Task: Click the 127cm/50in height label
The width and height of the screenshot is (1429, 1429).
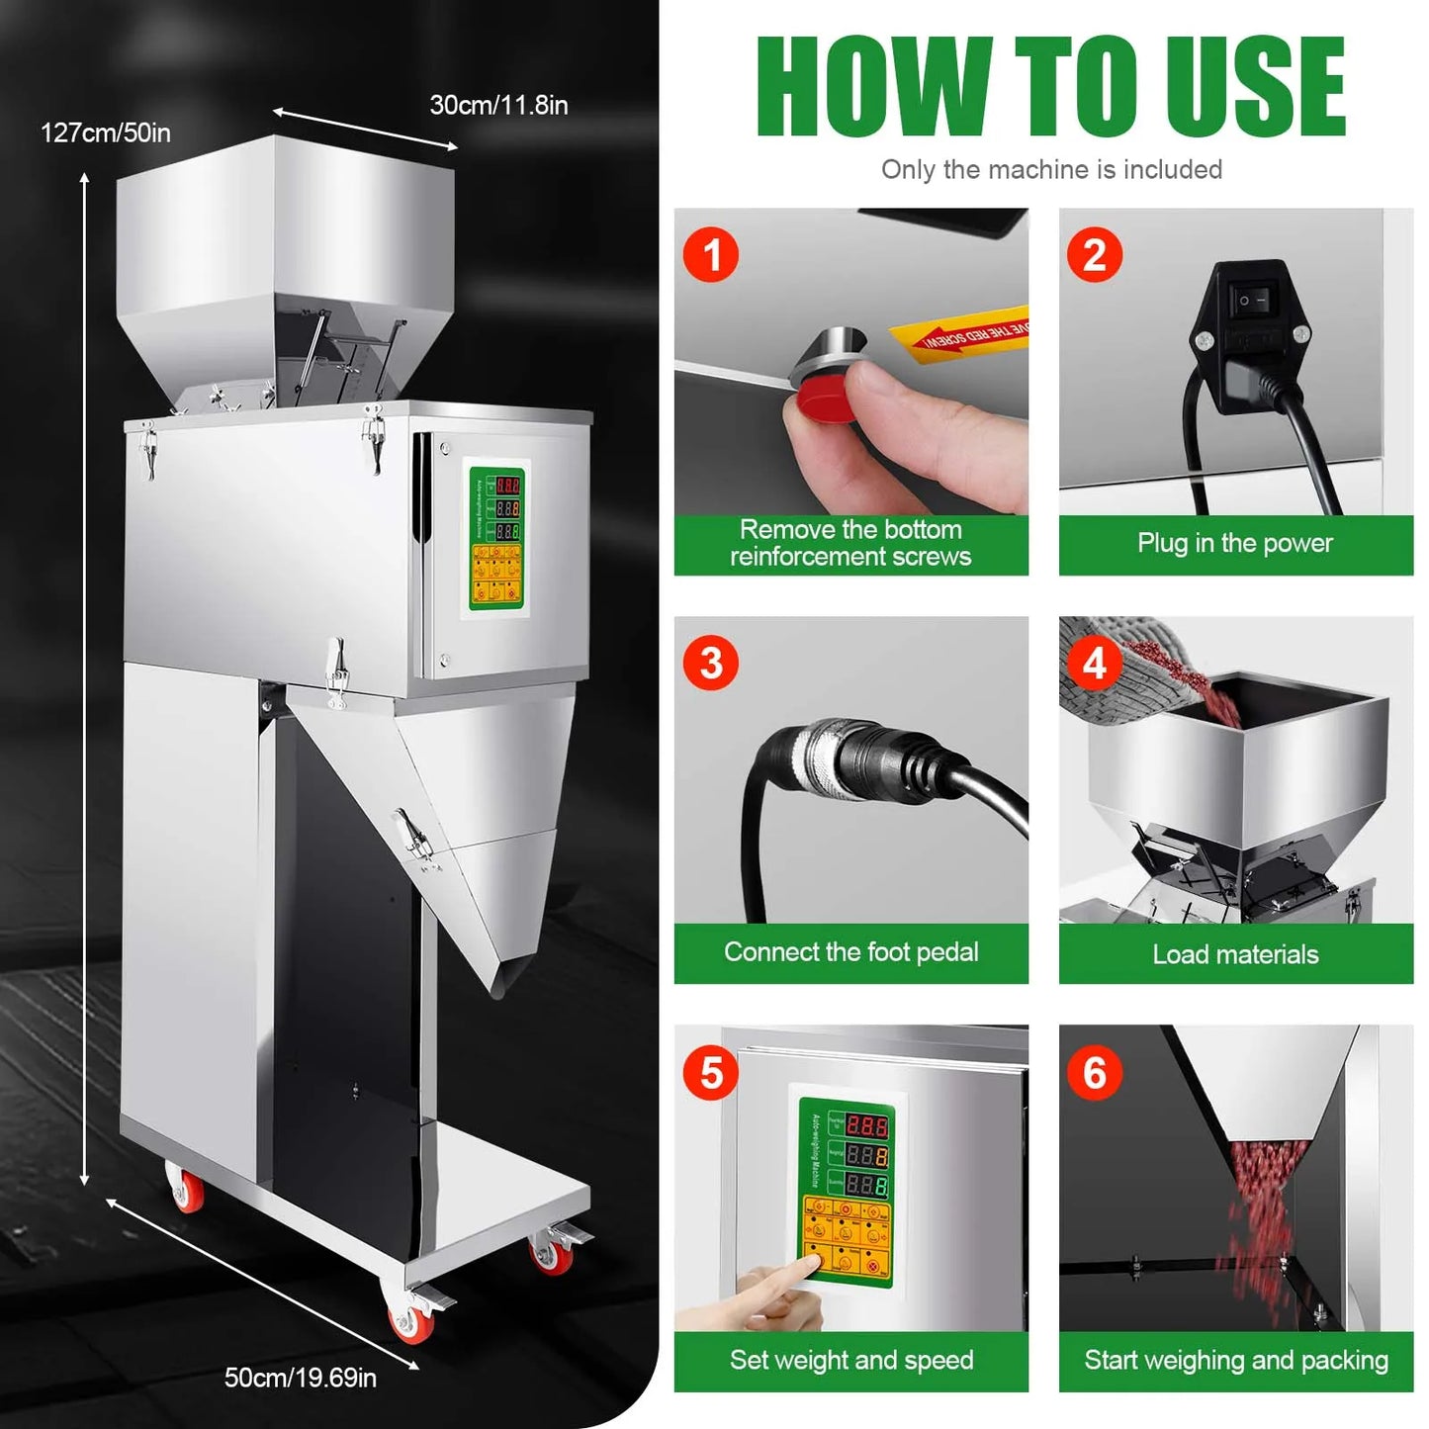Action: point(106,133)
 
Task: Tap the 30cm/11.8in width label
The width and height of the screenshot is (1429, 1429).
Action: point(498,105)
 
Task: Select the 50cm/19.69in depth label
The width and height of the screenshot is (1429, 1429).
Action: point(301,1378)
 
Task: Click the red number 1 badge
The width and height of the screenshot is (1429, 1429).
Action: point(711,255)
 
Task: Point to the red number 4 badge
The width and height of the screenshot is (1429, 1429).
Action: point(1094,664)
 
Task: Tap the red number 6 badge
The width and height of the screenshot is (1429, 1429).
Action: point(1094,1073)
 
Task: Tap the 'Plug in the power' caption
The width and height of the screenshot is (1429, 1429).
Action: point(1235,543)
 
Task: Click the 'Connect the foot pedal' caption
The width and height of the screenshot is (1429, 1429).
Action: point(850,952)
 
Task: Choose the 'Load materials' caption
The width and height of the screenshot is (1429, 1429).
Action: point(1235,954)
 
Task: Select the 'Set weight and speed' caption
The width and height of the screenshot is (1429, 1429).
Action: point(850,1360)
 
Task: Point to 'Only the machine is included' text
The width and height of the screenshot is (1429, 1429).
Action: point(1051,170)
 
